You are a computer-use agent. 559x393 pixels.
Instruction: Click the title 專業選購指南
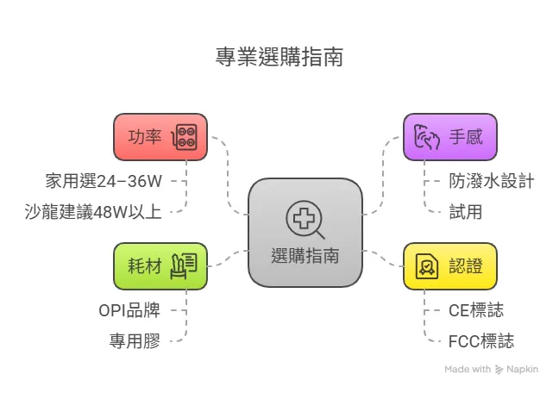click(x=279, y=58)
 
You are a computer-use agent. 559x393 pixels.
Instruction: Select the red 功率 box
click(x=160, y=136)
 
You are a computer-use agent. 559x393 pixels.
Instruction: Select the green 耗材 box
click(x=160, y=265)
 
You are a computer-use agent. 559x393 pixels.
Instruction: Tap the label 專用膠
click(x=135, y=339)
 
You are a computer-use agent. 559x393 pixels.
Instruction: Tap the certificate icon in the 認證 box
click(x=427, y=265)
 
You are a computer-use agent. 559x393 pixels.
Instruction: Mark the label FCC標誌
click(x=481, y=340)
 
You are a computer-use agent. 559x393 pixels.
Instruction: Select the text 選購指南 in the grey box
click(x=305, y=256)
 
